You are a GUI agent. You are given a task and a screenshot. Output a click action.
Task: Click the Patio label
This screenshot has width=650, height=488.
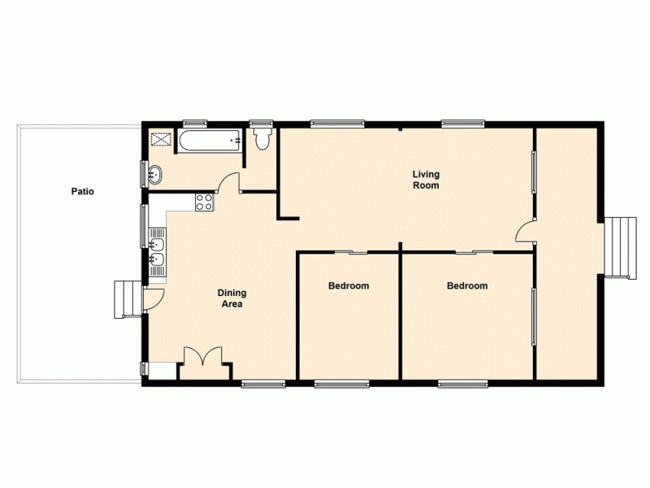pyautogui.click(x=82, y=192)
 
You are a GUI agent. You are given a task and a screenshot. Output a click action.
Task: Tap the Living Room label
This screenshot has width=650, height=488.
pyautogui.click(x=425, y=180)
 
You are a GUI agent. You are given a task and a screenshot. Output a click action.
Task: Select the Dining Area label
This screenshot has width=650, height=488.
pyautogui.click(x=232, y=298)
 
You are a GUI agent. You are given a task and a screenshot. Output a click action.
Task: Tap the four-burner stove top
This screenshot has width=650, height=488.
pyautogui.click(x=204, y=202)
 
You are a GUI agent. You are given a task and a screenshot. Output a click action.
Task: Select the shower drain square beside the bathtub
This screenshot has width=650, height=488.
pyautogui.click(x=161, y=140)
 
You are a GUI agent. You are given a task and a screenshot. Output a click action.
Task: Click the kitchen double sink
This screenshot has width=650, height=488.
pyautogui.click(x=158, y=252)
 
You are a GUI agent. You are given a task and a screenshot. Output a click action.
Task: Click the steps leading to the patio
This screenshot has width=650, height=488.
pyautogui.click(x=128, y=298)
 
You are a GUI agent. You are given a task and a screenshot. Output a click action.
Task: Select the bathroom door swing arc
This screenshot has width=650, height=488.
pyautogui.click(x=231, y=184)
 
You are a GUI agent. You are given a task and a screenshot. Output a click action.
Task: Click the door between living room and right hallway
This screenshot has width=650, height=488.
pyautogui.click(x=525, y=232)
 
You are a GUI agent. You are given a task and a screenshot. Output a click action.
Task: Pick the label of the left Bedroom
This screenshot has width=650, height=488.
pyautogui.click(x=349, y=285)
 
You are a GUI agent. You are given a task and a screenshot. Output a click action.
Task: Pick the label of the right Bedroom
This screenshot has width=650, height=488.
pyautogui.click(x=467, y=285)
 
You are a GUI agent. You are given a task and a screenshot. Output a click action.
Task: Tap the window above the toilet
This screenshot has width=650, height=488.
pyautogui.click(x=261, y=124)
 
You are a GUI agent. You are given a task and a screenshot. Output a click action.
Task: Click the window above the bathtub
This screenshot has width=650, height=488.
pyautogui.click(x=194, y=124)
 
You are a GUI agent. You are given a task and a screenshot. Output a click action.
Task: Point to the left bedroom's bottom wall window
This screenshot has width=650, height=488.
pyautogui.click(x=341, y=383)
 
